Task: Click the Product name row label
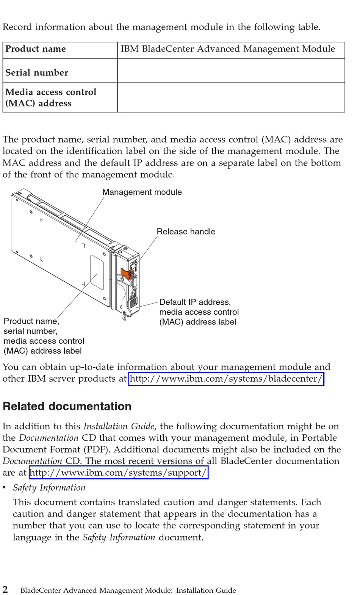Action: click(x=36, y=49)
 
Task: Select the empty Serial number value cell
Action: click(x=231, y=71)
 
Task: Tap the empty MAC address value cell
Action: click(x=231, y=97)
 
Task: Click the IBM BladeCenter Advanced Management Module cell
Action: click(x=227, y=49)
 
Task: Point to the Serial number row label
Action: click(x=37, y=72)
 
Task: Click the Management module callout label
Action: click(x=142, y=192)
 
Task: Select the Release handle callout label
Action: click(x=186, y=232)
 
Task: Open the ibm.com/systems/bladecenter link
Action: click(x=226, y=379)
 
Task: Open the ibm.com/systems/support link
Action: click(x=119, y=473)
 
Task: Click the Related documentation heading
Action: click(x=67, y=406)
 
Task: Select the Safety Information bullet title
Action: click(x=49, y=488)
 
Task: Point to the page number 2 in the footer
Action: click(x=5, y=590)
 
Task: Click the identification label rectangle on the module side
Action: click(x=97, y=272)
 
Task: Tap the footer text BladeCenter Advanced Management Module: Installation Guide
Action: click(x=128, y=590)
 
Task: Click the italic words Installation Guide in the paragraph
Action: click(x=119, y=426)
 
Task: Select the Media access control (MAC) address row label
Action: click(x=51, y=97)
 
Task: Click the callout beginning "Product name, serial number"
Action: click(x=44, y=336)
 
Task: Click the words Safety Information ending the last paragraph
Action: click(x=119, y=537)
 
